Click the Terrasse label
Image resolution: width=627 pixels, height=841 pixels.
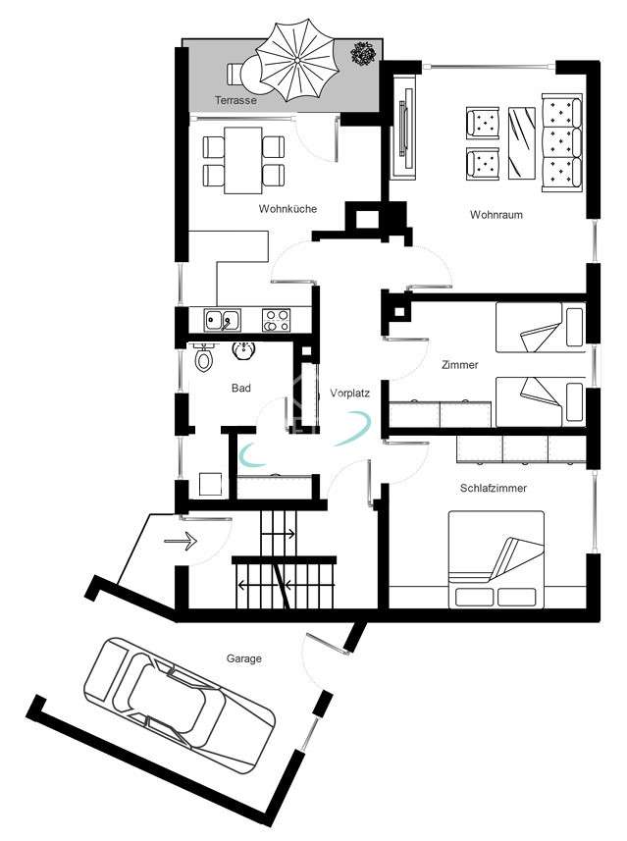click(235, 100)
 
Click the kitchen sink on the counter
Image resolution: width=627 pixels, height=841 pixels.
click(223, 319)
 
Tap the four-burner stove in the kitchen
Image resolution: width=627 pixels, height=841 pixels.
click(276, 319)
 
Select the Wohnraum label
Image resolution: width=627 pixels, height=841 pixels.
click(496, 215)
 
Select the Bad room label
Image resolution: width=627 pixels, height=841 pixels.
click(241, 389)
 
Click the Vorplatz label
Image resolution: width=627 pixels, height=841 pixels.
click(350, 393)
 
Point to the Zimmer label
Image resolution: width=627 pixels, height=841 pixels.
click(460, 365)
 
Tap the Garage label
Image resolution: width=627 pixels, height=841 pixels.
click(244, 659)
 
